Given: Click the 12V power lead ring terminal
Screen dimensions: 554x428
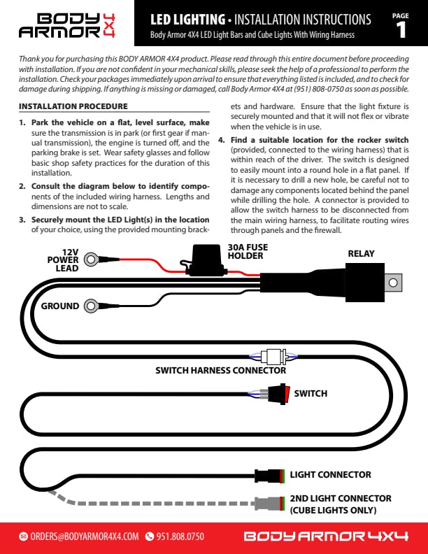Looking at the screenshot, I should pyautogui.click(x=91, y=260).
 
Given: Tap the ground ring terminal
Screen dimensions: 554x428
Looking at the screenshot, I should pyautogui.click(x=91, y=306).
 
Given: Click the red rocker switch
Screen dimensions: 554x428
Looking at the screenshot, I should pyautogui.click(x=280, y=393).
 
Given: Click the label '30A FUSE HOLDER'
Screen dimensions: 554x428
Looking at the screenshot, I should pyautogui.click(x=248, y=251).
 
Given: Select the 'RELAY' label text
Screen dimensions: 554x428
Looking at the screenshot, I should pyautogui.click(x=361, y=254).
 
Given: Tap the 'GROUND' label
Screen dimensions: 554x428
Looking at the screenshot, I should pyautogui.click(x=59, y=306).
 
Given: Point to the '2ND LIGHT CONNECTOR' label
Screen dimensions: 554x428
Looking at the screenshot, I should pyautogui.click(x=341, y=499).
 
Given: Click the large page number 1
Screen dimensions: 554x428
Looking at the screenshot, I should pyautogui.click(x=401, y=29).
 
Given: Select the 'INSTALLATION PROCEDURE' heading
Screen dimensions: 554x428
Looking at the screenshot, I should pyautogui.click(x=73, y=106).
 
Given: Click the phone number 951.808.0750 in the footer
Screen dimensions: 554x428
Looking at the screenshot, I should pyautogui.click(x=180, y=537).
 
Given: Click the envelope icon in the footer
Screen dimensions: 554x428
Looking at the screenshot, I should pyautogui.click(x=23, y=537).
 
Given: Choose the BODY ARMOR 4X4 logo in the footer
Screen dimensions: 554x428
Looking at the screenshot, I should pyautogui.click(x=325, y=537).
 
